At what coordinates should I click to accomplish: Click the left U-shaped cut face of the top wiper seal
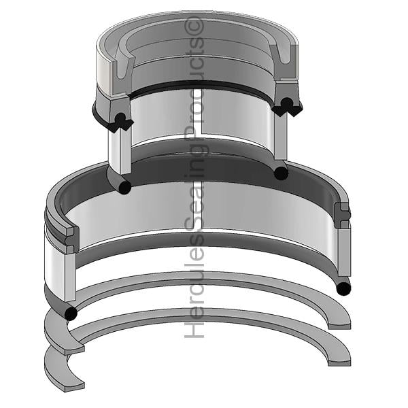point(123,64)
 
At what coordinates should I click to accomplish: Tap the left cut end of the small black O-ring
point(124,187)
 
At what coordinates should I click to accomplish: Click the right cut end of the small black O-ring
point(281,173)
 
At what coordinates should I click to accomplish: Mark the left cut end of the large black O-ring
point(71,313)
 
